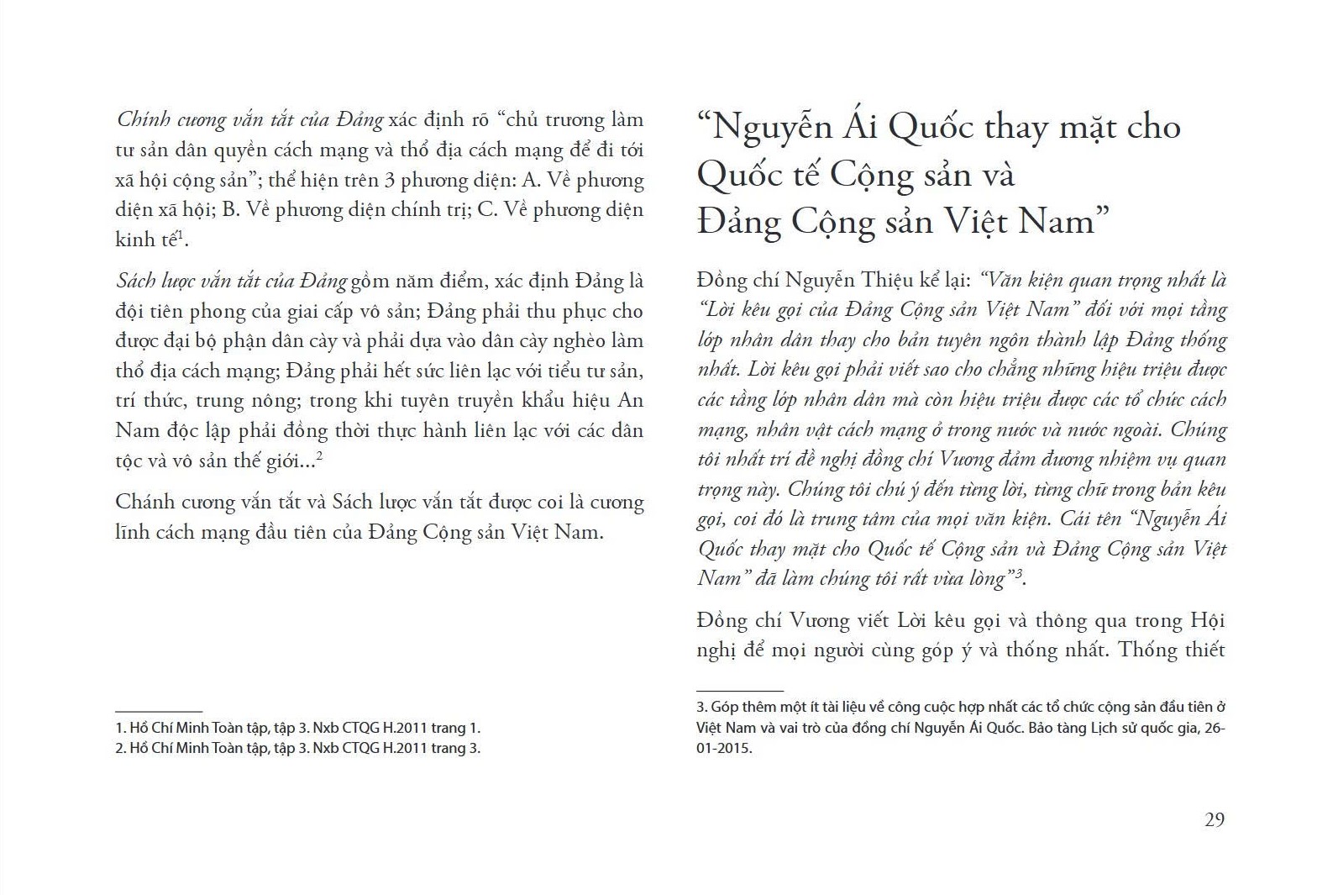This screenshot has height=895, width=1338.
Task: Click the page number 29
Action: [x=1214, y=820]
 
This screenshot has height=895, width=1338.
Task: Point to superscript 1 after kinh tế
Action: [x=180, y=234]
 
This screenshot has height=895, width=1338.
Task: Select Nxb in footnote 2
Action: [x=326, y=748]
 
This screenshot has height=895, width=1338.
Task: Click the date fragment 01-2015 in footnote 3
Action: [x=721, y=748]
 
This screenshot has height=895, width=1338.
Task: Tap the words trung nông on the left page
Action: [x=285, y=401]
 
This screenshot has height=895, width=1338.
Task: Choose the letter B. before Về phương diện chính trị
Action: [x=230, y=209]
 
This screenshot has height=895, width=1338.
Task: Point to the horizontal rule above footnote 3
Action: [x=740, y=690]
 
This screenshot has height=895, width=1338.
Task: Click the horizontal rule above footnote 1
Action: [x=159, y=711]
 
